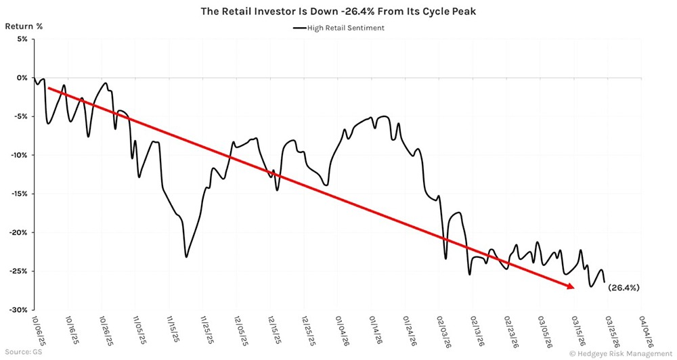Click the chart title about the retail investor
[x=338, y=12]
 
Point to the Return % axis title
[x=24, y=26]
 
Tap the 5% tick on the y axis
[x=22, y=39]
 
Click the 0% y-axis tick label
[x=22, y=78]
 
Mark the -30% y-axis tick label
[x=19, y=310]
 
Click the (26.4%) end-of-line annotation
[x=624, y=288]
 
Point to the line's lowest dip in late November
[x=186, y=256]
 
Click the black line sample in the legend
[x=301, y=28]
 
